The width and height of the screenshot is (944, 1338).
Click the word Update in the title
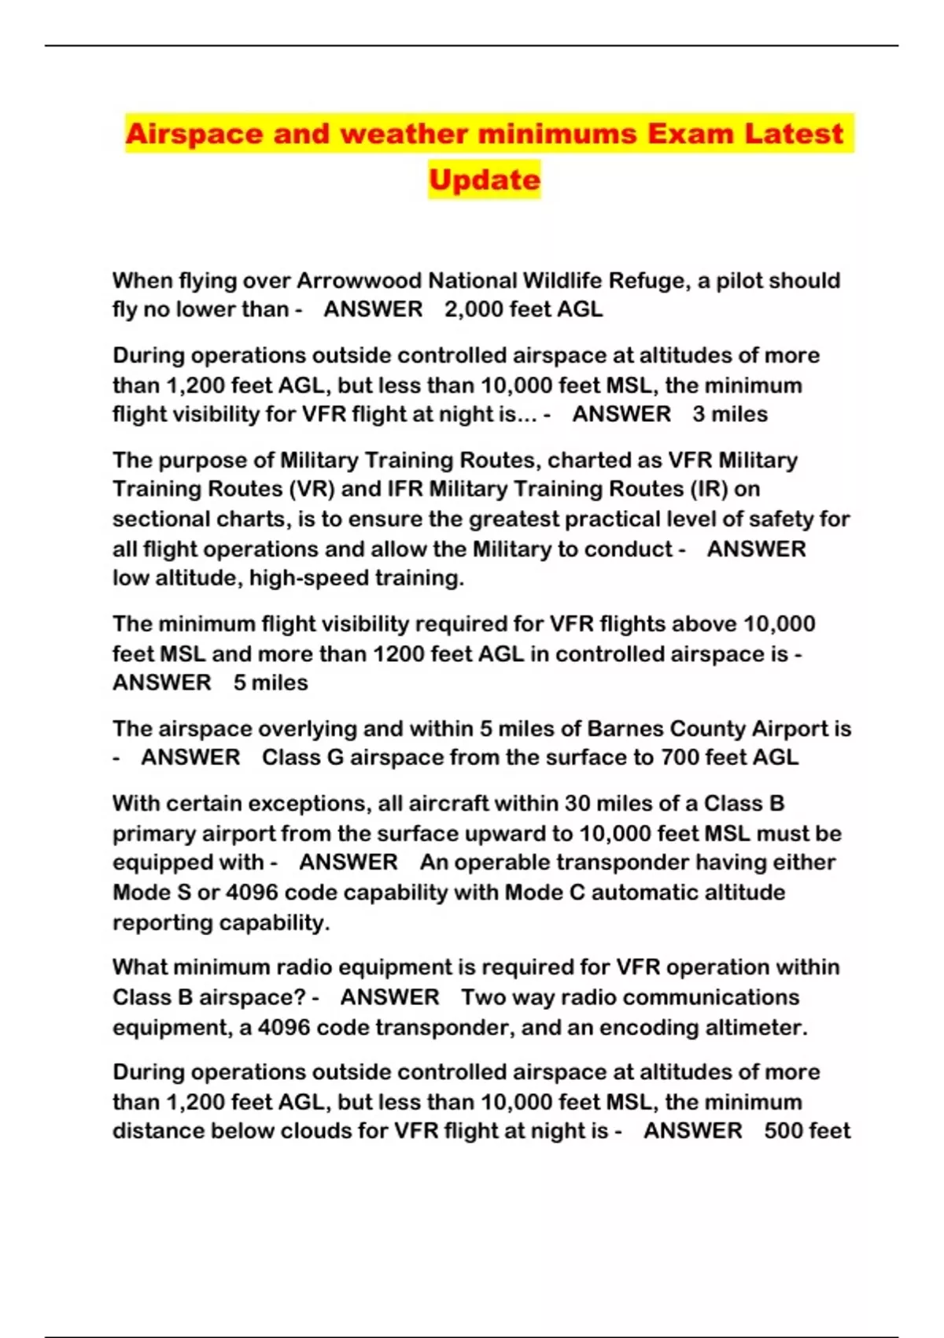tap(485, 179)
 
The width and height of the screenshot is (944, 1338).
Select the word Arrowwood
tap(358, 281)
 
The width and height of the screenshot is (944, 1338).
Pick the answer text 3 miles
tap(730, 414)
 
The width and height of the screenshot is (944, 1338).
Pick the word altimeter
tap(759, 1028)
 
